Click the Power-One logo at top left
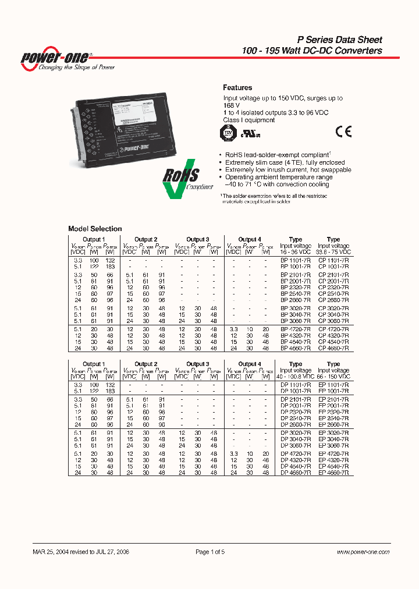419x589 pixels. point(55,59)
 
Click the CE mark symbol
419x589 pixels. point(343,131)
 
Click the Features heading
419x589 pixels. point(237,88)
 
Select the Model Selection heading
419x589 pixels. point(95,229)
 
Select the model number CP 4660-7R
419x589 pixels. point(333,347)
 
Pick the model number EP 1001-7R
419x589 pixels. point(333,391)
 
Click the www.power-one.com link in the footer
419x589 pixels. point(363,552)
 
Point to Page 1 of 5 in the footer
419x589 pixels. point(210,552)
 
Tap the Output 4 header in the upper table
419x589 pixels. point(249,239)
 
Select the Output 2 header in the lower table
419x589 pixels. point(145,364)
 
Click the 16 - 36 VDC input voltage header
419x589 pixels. point(296,252)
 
